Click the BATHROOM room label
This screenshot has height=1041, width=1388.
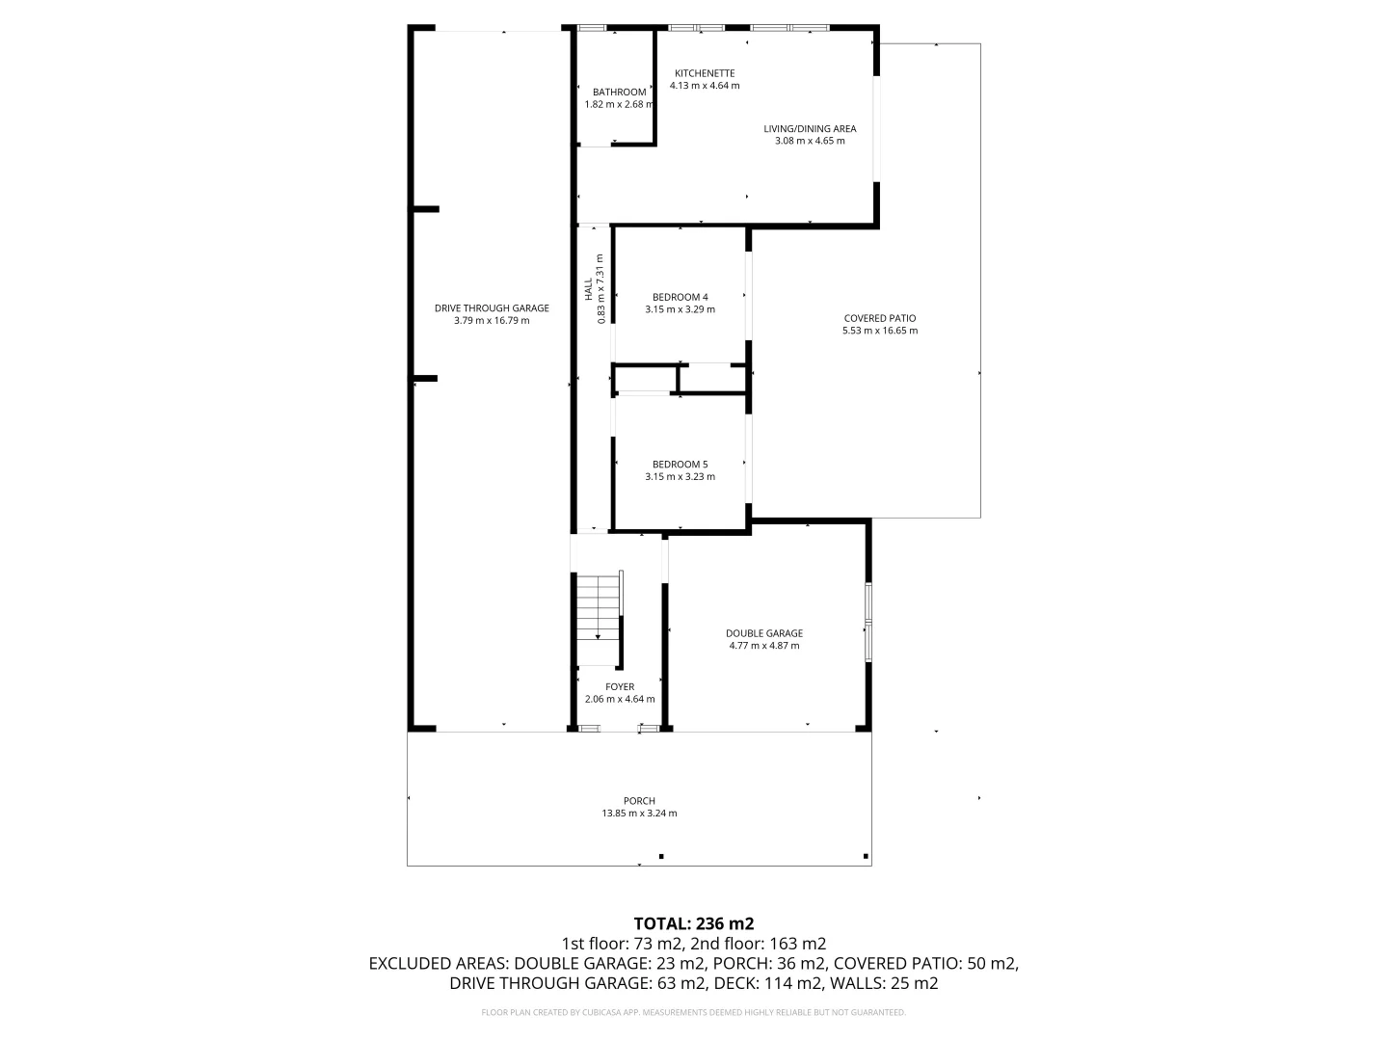[619, 93]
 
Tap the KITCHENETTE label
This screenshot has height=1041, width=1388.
[705, 73]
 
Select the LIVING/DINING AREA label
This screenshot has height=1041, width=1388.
[810, 129]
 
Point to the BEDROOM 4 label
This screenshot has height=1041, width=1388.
[680, 297]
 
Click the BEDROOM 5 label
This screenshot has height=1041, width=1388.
[680, 465]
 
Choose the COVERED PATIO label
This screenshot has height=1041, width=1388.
[880, 318]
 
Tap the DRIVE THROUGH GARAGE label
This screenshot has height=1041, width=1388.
[492, 308]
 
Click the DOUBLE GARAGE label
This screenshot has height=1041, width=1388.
[763, 633]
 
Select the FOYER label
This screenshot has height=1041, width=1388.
[620, 687]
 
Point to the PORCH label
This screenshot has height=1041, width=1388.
[639, 801]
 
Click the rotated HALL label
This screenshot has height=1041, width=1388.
[589, 289]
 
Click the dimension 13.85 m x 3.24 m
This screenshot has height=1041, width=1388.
[639, 814]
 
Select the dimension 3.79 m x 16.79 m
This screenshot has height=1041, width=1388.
[492, 321]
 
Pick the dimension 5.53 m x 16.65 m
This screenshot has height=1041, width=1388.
[880, 331]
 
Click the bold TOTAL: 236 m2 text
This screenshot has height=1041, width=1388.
[694, 924]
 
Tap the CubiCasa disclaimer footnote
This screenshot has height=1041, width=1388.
[694, 1012]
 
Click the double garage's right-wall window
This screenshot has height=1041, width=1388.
[868, 623]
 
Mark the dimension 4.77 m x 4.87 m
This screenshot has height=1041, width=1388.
[763, 646]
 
